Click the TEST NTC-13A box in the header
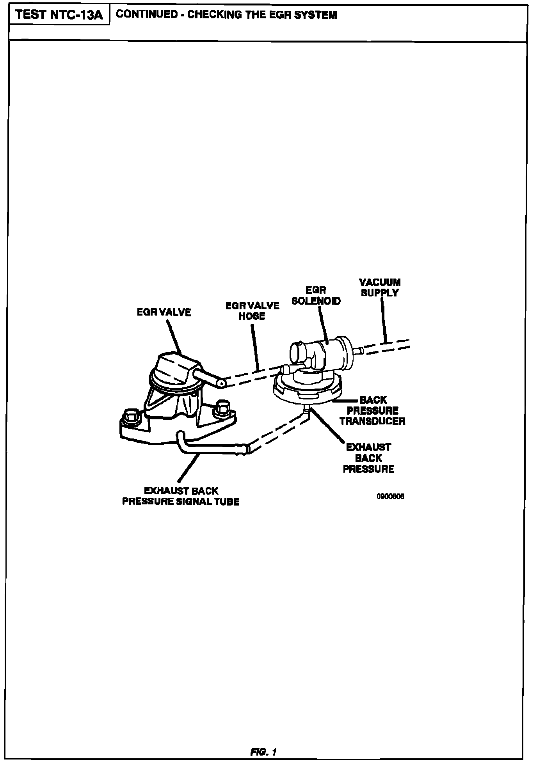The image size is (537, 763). coord(59,15)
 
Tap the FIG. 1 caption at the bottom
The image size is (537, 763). coord(263,752)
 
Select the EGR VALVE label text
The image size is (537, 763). coord(164,312)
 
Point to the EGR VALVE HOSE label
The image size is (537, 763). coord(252,311)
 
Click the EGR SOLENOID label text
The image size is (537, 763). coord(316,296)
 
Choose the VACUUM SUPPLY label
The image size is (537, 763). coord(380,287)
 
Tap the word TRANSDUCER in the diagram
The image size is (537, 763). coord(372,421)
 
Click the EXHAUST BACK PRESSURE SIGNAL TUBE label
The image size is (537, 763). coord(181,496)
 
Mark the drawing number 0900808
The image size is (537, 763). coord(390,497)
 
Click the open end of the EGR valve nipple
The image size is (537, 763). coord(221,384)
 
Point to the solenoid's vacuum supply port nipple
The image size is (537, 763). coord(360,351)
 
